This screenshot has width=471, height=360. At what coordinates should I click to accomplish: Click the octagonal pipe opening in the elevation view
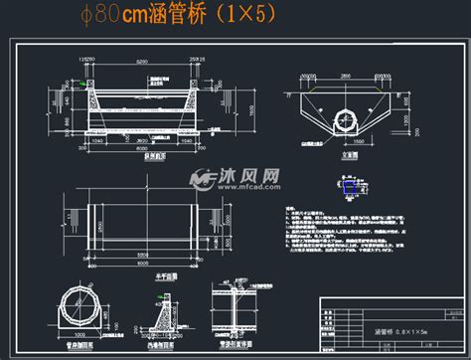click(x=349, y=115)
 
